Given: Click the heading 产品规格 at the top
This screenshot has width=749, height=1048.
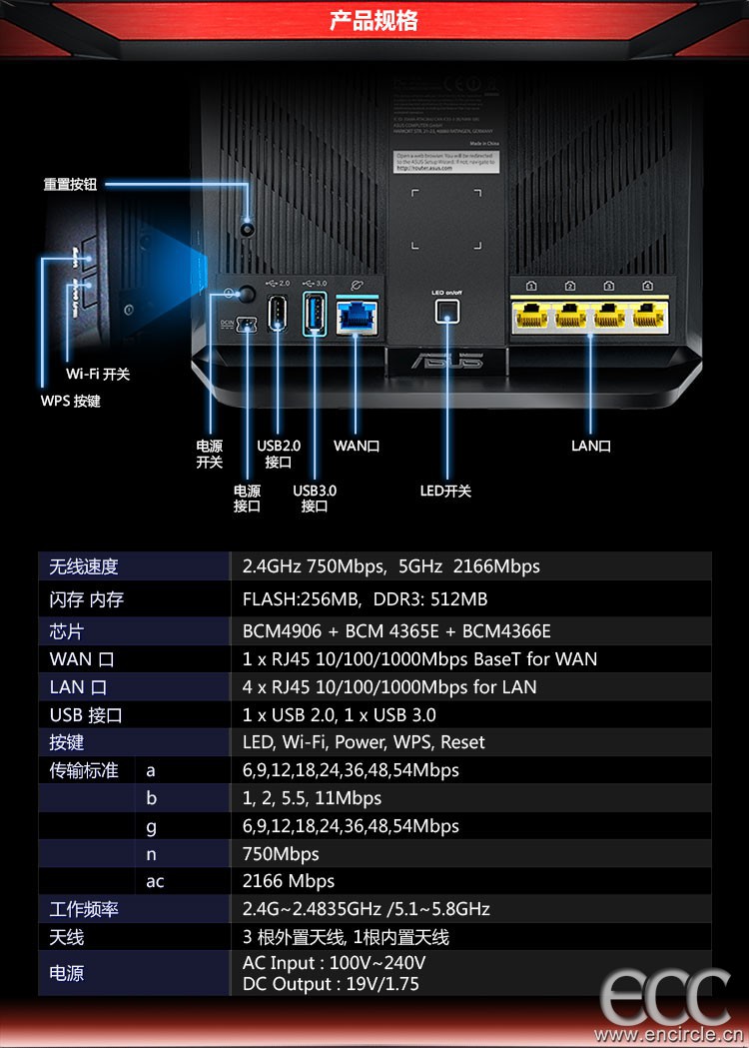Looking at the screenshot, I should tap(374, 21).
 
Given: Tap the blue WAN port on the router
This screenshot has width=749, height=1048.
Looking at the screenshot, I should tap(357, 316).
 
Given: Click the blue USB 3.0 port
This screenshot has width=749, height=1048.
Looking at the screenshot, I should tap(314, 313).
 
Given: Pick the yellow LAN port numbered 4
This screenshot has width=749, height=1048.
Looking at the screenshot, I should tap(648, 316).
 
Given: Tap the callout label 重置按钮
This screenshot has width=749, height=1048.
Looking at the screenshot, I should tap(70, 185).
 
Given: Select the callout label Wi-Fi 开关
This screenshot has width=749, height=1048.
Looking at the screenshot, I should tap(98, 375).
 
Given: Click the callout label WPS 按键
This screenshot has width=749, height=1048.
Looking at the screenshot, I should tap(70, 401).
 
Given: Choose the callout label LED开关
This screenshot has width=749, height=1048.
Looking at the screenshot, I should tap(445, 491).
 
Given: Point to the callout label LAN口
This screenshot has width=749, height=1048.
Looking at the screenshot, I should tap(591, 446).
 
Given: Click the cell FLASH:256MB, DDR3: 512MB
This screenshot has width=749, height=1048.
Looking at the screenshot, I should tap(365, 599).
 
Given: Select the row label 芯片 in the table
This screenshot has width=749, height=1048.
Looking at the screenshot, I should tap(67, 632).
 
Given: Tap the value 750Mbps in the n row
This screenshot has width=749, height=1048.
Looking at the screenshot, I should tap(281, 853).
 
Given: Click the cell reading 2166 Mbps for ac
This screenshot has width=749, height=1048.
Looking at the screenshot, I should tap(289, 881).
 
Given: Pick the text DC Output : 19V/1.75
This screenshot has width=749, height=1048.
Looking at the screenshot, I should tap(331, 984).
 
